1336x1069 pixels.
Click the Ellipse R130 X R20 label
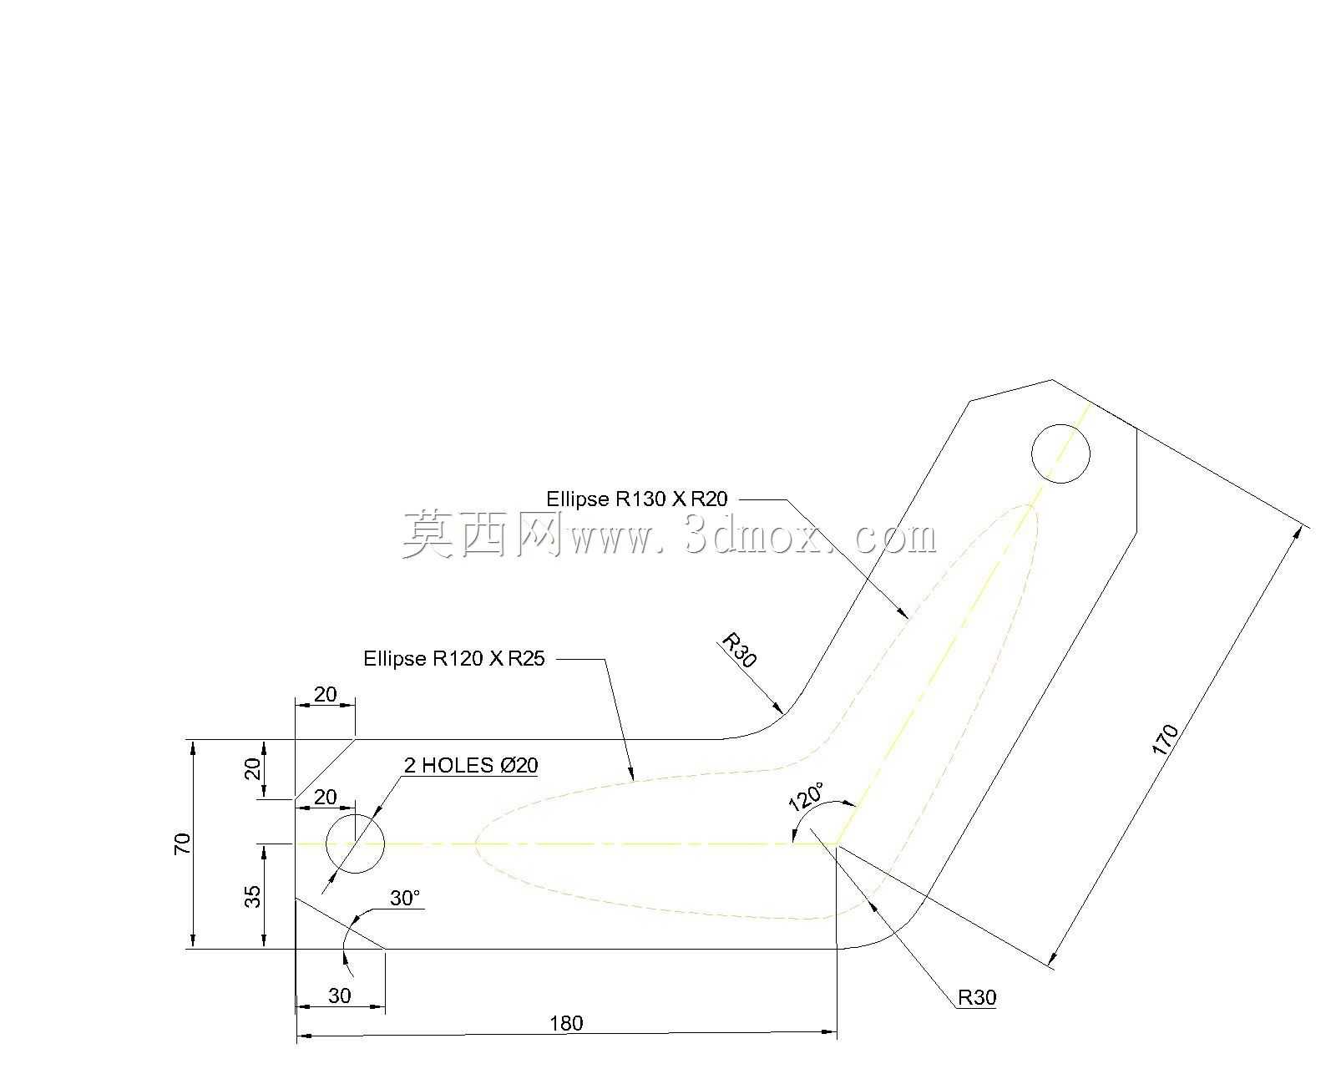coord(636,499)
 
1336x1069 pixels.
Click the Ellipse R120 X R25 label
coord(453,658)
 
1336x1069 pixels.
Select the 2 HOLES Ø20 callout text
coord(471,765)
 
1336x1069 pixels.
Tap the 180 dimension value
coord(566,1023)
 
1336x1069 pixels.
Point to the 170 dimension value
coord(1165,740)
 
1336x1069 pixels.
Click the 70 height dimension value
coord(183,844)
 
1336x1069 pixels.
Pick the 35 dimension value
coord(253,896)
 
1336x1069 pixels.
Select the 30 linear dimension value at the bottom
coord(340,996)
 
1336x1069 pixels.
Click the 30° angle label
coord(405,898)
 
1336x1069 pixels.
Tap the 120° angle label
coord(807,797)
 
